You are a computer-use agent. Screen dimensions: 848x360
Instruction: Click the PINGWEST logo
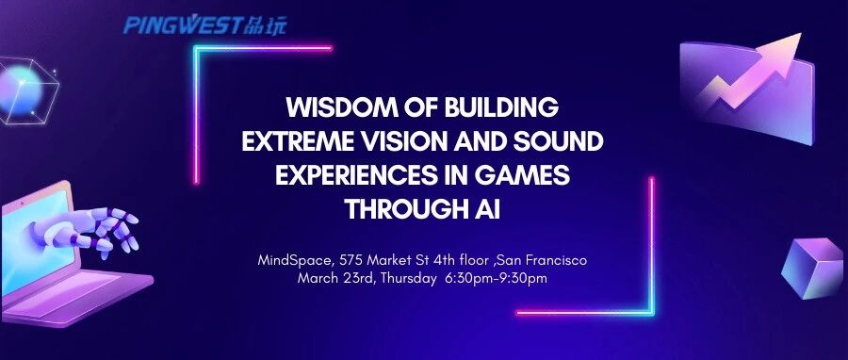click(205, 25)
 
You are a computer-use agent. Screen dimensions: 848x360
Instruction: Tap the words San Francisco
click(542, 260)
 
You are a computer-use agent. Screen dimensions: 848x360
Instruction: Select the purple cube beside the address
click(812, 269)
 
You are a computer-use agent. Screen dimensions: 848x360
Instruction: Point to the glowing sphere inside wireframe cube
click(20, 90)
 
